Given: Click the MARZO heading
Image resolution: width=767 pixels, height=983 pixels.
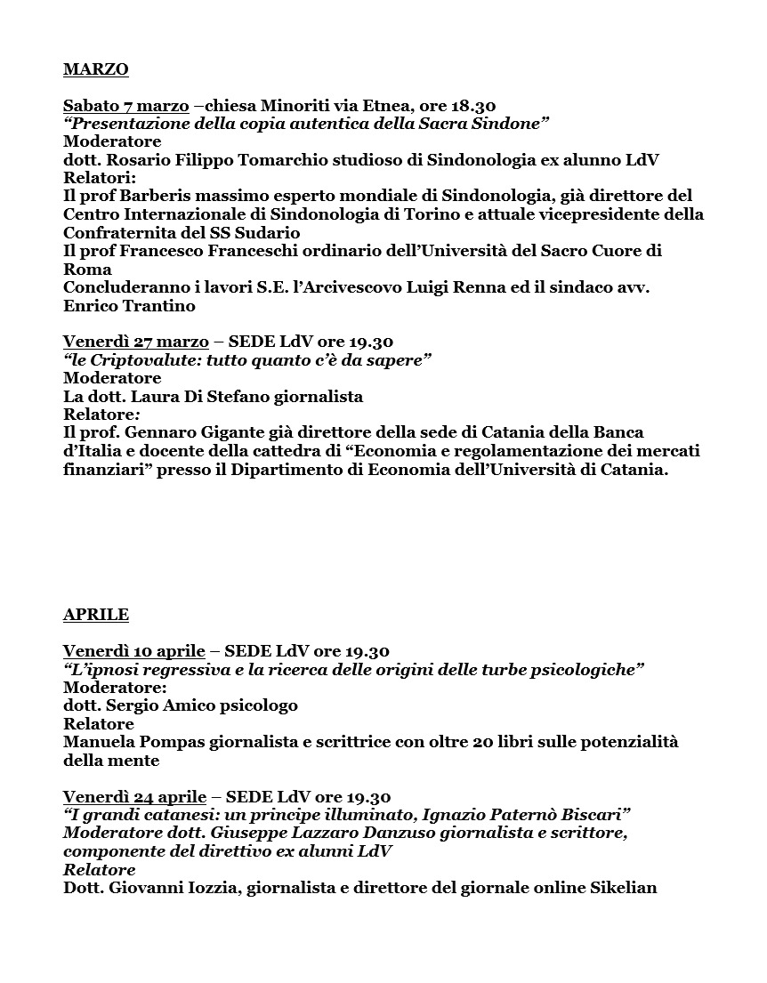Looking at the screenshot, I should (x=96, y=68).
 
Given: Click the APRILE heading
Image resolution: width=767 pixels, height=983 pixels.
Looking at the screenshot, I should (x=96, y=615).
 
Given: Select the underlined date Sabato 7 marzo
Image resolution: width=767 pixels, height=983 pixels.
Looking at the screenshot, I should (x=125, y=105).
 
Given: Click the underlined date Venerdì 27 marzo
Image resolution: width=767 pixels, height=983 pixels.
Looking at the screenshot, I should (x=135, y=342).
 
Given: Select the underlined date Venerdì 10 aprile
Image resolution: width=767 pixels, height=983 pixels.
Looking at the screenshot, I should (x=133, y=651).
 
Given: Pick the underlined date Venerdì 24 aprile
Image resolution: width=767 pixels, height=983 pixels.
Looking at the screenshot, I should (x=134, y=797).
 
